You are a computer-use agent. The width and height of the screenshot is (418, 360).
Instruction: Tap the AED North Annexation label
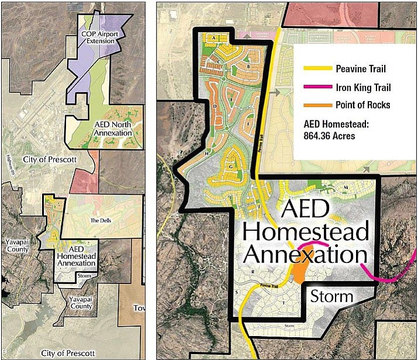click(113, 129)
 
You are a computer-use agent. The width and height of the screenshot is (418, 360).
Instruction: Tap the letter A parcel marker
click(215, 38)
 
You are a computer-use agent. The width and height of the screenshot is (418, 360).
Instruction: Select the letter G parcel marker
click(231, 167)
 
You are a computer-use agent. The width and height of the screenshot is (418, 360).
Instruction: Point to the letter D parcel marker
click(215, 106)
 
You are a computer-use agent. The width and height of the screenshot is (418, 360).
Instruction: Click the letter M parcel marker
click(346, 187)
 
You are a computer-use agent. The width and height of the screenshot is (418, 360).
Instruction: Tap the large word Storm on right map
click(331, 296)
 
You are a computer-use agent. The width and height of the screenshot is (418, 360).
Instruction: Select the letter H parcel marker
click(207, 153)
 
